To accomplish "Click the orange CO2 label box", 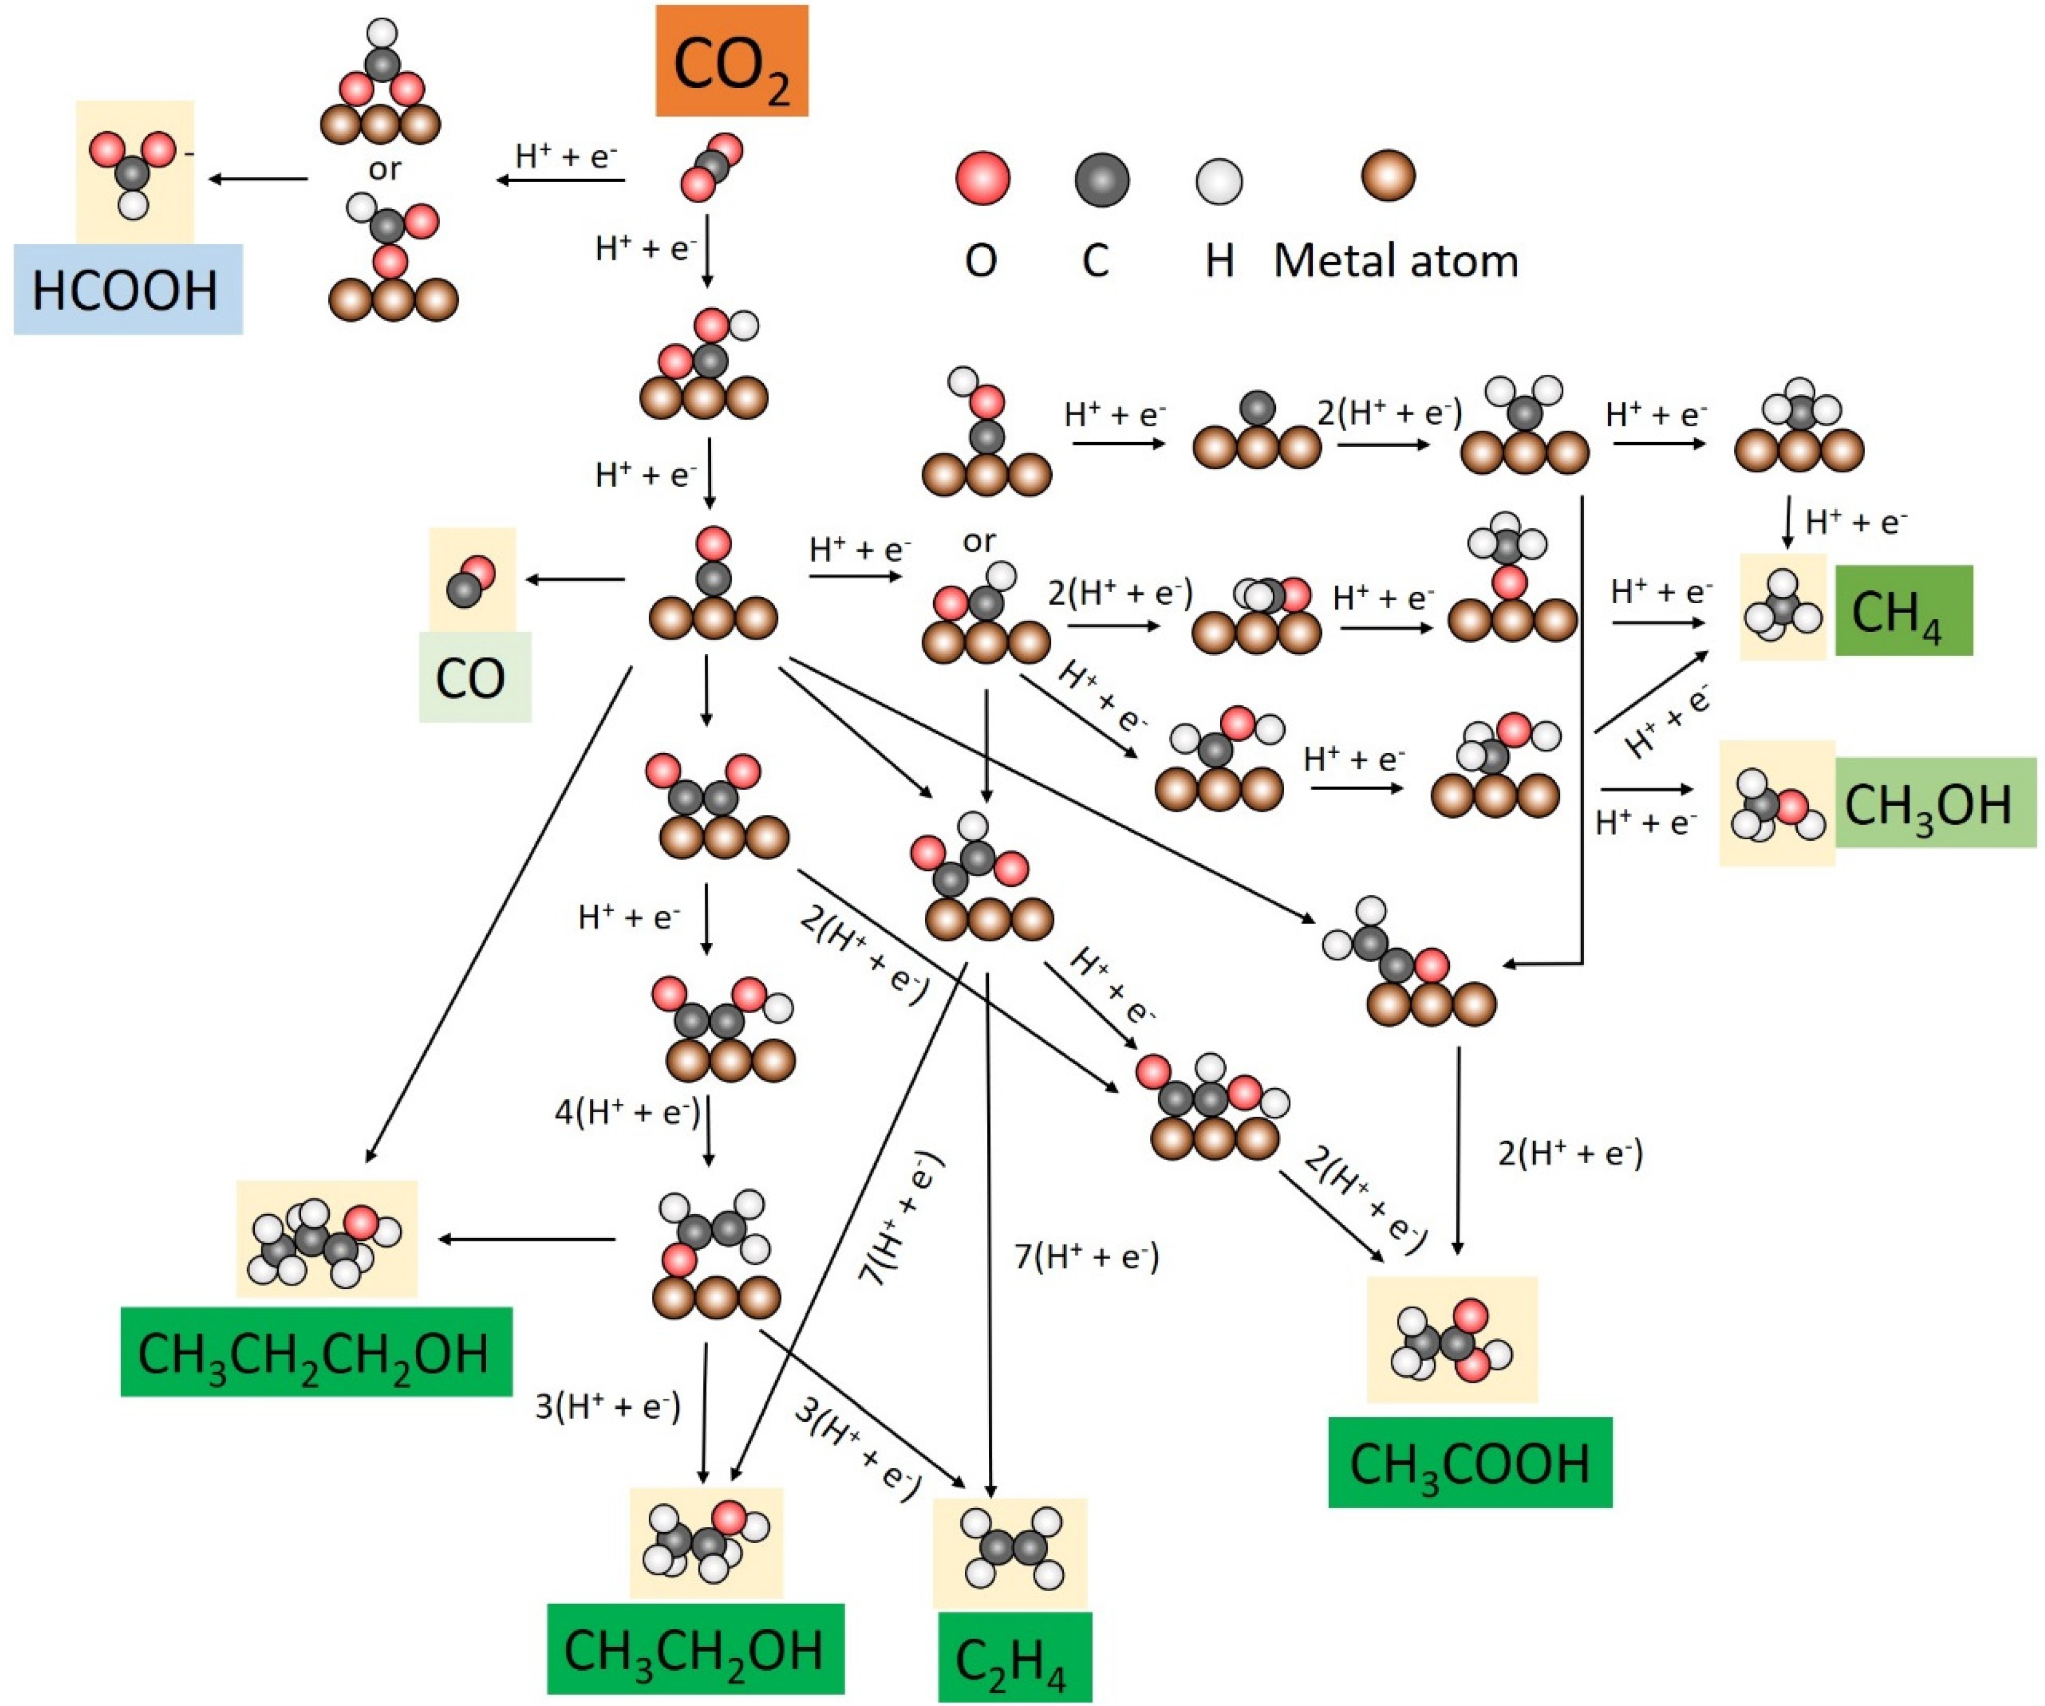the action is (731, 60).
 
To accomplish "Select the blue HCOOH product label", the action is (128, 289).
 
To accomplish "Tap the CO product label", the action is (474, 678).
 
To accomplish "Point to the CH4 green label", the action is (1904, 610).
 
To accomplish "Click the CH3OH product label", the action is (1935, 802).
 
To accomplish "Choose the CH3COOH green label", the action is (1470, 1462).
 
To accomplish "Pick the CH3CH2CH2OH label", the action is (316, 1352).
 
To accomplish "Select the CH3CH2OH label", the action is (695, 1649).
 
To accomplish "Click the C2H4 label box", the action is (1015, 1657).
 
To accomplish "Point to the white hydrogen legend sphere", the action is (1219, 181).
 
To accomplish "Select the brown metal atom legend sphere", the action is (1388, 175).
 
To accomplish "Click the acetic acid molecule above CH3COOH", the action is (1451, 1341).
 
